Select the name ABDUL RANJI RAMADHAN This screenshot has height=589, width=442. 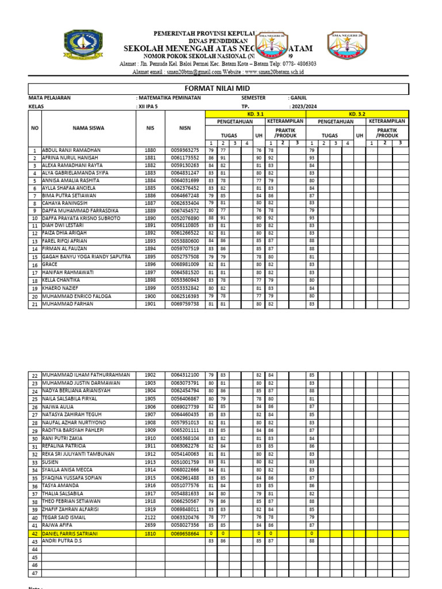tap(71, 150)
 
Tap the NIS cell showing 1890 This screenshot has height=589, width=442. tap(150, 219)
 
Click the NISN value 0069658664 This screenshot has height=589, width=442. tap(185, 534)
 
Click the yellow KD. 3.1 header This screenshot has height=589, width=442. tap(256, 114)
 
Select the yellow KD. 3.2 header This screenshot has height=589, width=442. tap(357, 114)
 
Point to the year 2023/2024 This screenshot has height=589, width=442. tap(304, 106)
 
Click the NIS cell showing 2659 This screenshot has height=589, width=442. tap(150, 525)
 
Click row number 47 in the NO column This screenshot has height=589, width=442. tap(35, 573)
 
